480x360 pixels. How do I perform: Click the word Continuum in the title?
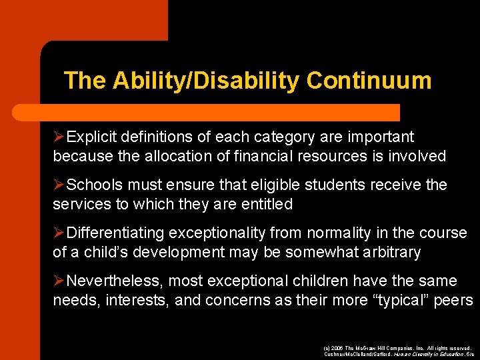click(369, 81)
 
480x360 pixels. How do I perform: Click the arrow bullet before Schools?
click(59, 185)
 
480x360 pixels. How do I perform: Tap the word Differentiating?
click(116, 233)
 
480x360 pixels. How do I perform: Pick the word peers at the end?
click(453, 301)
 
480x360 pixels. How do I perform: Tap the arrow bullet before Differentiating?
click(59, 233)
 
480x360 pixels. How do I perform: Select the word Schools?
click(93, 185)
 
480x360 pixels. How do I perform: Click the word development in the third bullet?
click(179, 253)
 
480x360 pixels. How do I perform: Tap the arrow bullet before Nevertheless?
click(59, 281)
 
